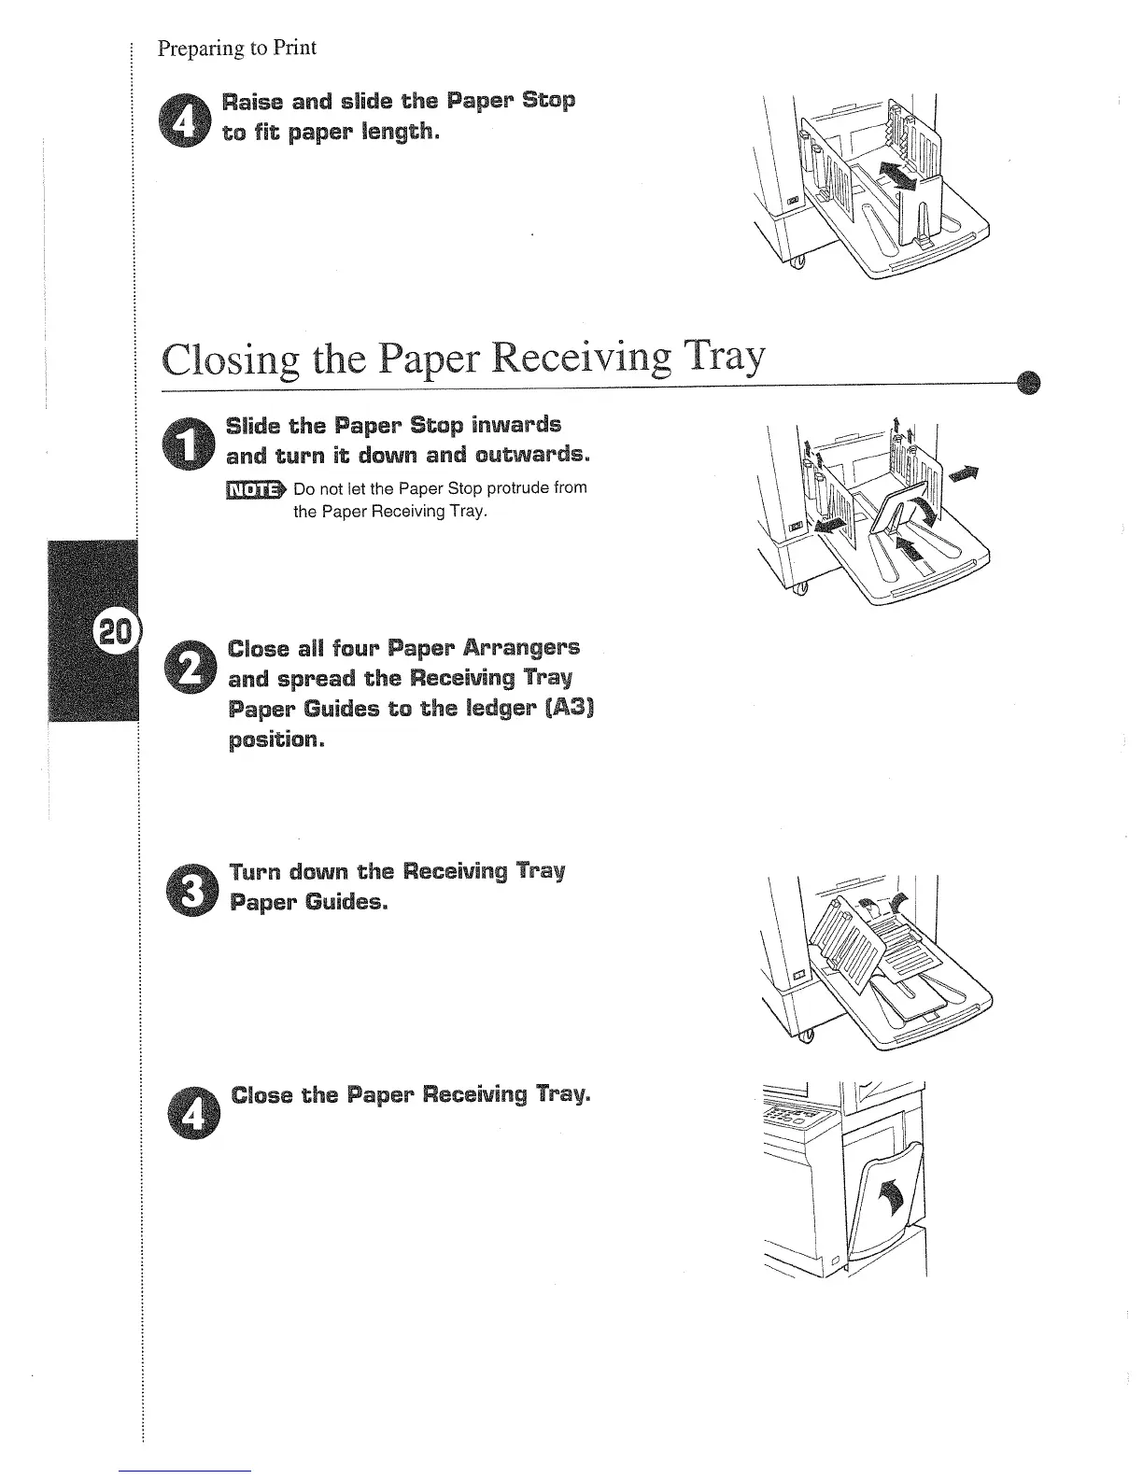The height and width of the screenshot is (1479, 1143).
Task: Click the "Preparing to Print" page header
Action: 236,48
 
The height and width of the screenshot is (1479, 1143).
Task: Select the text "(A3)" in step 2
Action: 573,710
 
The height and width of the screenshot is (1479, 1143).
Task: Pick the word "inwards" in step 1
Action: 515,425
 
